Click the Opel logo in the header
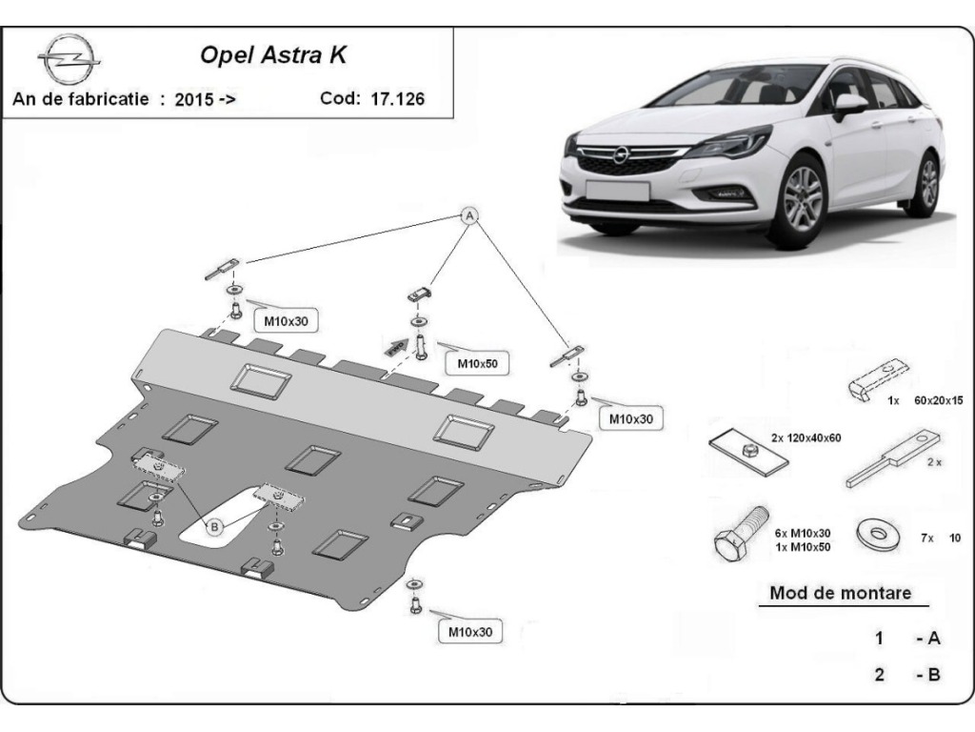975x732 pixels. [x=69, y=58]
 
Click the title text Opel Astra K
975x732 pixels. [x=273, y=54]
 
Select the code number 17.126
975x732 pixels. [x=397, y=98]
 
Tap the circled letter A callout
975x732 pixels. [x=470, y=216]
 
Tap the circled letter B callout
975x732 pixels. [x=214, y=527]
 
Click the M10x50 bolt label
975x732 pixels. [x=477, y=363]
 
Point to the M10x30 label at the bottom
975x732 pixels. [x=470, y=632]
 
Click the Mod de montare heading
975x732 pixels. [x=840, y=593]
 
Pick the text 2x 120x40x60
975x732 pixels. [x=806, y=437]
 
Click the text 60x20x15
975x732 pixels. [x=938, y=400]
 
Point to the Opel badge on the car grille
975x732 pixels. [x=619, y=154]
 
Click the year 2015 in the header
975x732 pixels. [x=194, y=99]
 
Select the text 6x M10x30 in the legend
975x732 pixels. [x=802, y=533]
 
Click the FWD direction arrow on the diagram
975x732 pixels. [x=396, y=348]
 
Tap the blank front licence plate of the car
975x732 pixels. [x=617, y=190]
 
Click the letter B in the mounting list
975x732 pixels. [x=933, y=675]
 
